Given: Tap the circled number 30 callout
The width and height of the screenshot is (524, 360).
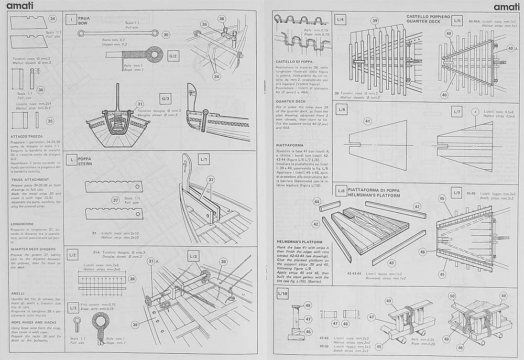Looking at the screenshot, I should [166, 35].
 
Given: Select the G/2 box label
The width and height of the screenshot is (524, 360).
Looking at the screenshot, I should [173, 56].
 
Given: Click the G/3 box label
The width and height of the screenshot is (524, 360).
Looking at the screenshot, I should [166, 99].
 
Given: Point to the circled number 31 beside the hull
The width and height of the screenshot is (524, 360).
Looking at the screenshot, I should [140, 104].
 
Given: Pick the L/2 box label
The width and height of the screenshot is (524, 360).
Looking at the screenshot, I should [73, 254].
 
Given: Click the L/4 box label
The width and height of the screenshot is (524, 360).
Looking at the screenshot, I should [341, 20].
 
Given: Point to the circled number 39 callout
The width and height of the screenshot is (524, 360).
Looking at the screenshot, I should [375, 21].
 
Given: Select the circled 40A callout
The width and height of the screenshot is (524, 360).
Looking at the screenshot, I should [510, 48].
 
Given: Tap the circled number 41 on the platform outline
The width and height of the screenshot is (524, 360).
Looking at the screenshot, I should [367, 121].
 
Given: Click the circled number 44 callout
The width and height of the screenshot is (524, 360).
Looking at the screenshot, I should [316, 201].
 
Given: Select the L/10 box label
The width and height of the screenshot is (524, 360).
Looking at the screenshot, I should [283, 293].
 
